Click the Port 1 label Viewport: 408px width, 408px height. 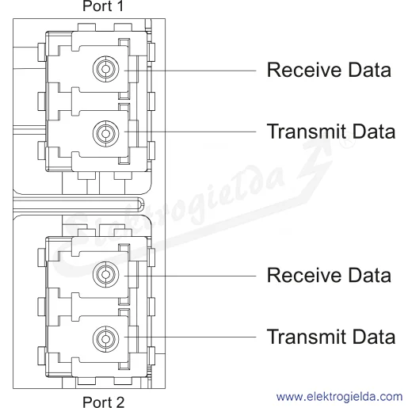103,6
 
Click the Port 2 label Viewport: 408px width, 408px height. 103,402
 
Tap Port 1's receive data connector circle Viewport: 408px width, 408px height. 106,69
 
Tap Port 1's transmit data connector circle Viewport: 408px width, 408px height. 106,134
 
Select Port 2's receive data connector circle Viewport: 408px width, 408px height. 106,275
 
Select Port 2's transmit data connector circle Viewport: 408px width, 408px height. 106,339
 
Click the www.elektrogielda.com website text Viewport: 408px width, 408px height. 339,397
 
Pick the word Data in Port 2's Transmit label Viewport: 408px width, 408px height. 374,337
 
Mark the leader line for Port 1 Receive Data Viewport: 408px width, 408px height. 190,71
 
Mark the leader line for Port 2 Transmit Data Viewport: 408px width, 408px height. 190,337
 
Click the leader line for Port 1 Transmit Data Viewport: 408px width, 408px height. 190,132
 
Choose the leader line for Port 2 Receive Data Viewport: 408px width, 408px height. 190,276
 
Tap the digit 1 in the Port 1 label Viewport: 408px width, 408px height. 120,6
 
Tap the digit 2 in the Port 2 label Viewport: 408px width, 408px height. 120,402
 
